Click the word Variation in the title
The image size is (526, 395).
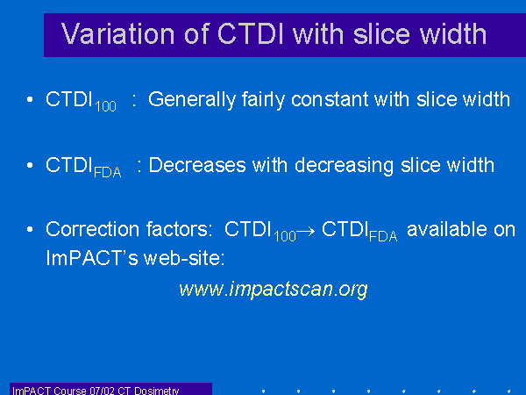point(118,34)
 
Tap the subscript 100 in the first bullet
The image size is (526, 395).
point(106,106)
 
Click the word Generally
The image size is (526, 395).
point(193,100)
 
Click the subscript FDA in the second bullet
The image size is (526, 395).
point(107,172)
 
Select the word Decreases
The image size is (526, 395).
point(197,165)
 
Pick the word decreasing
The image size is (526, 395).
point(344,166)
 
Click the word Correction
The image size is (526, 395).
point(93,229)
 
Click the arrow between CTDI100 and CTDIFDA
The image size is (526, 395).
point(306,231)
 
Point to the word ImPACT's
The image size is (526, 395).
point(92,258)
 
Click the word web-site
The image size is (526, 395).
point(184,258)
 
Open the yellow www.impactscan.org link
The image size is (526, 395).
point(274,290)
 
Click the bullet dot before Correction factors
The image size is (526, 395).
point(30,229)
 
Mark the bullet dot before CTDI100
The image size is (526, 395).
point(30,99)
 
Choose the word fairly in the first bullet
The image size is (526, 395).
point(263,100)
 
